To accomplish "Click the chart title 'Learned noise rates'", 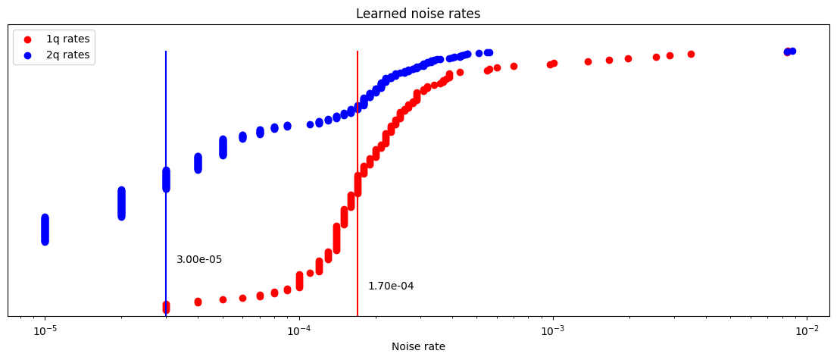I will tap(418, 14).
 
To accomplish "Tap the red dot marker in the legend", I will tap(28, 39).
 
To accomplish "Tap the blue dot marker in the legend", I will tap(28, 55).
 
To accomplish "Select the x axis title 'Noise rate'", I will tap(418, 346).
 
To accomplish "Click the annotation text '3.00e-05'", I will tap(199, 260).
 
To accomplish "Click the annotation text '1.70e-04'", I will tap(391, 286).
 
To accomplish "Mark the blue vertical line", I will tap(166, 114).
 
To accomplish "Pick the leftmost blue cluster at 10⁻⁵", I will tap(45, 229).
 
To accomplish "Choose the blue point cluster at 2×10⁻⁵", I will tap(121, 203).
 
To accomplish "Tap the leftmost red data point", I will tap(166, 307).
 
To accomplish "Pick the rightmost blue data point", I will tap(792, 51).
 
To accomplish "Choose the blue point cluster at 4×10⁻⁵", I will tap(198, 163).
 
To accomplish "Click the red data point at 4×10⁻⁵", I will tap(198, 302).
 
